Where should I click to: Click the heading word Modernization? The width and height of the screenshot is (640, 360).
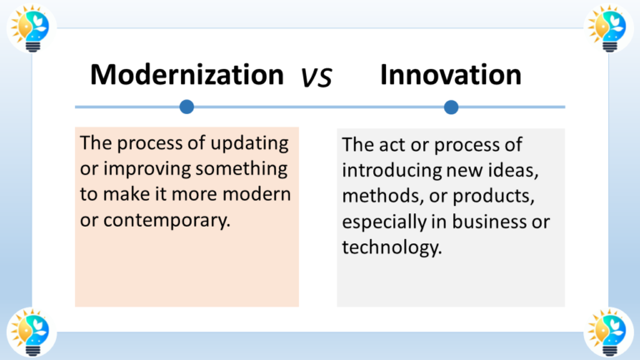[187, 75]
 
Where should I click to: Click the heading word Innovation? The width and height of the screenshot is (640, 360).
[450, 75]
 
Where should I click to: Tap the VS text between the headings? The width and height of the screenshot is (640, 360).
[317, 77]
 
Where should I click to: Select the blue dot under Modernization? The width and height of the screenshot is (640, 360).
[187, 107]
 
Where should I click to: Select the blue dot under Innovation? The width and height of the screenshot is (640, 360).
[451, 107]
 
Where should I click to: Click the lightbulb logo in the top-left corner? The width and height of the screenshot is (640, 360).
[31, 27]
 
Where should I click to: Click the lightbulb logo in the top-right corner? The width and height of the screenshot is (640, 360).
[610, 27]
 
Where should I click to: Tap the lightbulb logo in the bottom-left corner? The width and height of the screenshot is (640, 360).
[31, 331]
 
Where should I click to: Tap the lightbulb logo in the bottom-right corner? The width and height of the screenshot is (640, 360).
[610, 331]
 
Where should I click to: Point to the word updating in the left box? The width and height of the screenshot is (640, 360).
[257, 143]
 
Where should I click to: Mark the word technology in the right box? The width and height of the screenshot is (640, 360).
[390, 248]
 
